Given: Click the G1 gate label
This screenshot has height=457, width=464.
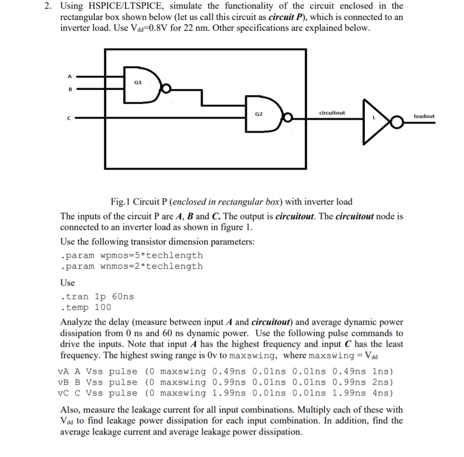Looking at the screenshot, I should tap(138, 83).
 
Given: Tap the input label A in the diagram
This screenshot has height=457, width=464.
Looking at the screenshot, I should tap(70, 76).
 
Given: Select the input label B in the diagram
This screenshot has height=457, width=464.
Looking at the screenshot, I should tap(70, 89).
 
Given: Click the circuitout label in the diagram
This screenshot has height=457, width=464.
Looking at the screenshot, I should tap(332, 113).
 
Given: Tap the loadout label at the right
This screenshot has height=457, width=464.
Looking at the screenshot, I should tap(424, 116).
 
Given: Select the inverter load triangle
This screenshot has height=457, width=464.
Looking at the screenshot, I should tap(374, 119).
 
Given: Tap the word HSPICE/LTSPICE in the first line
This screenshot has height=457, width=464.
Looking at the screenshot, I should tap(116, 6).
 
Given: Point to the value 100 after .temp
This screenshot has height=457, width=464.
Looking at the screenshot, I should tap(102, 307).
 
